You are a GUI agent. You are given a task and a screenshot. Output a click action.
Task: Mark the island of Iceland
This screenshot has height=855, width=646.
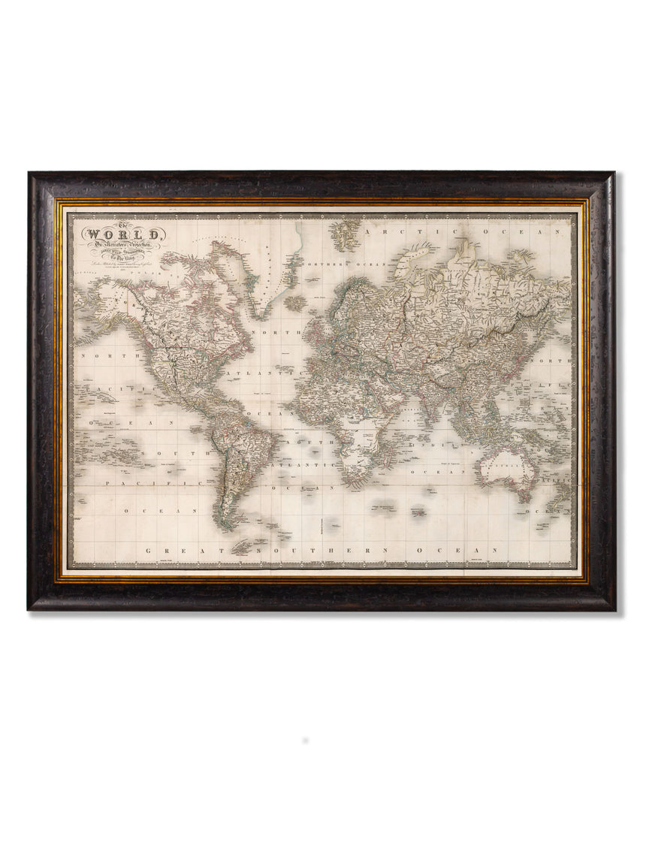click(296, 302)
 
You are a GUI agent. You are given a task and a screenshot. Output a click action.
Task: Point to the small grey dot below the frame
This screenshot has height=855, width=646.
click(304, 740)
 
